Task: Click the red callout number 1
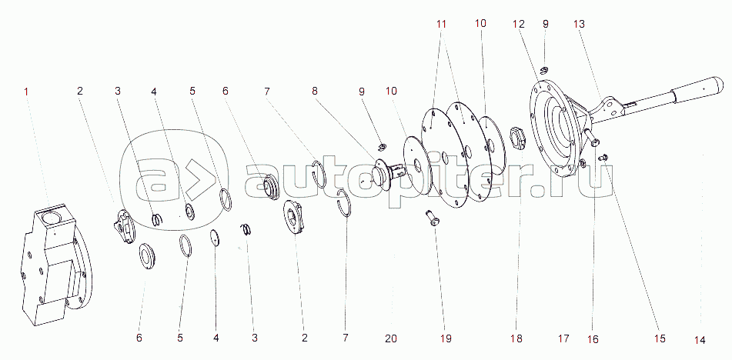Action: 26,92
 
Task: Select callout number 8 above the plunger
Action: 315,92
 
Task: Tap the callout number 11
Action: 442,24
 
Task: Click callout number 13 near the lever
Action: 579,24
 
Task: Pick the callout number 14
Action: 700,341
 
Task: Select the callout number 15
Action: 660,338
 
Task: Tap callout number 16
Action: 593,339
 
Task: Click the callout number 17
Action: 563,338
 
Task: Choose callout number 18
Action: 516,338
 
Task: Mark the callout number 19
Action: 446,338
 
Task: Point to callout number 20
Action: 391,338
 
